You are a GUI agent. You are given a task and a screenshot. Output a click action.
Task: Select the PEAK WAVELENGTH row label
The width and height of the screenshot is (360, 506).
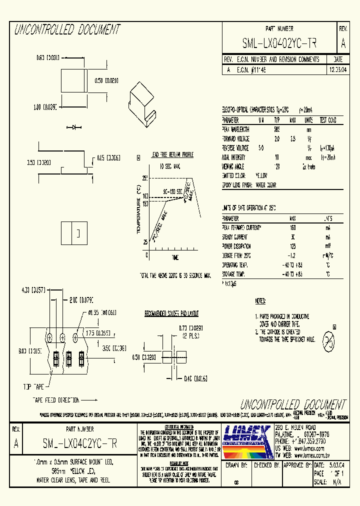pyautogui.click(x=236, y=129)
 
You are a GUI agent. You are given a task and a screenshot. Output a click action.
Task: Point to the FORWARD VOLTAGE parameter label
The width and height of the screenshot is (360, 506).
pyautogui.click(x=236, y=139)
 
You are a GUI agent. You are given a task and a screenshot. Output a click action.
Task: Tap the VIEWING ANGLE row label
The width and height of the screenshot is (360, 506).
pyautogui.click(x=234, y=166)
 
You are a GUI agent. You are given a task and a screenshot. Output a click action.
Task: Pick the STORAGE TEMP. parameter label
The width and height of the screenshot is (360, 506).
pyautogui.click(x=234, y=274)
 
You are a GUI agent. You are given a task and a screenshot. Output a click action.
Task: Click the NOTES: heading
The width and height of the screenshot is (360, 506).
pyautogui.click(x=260, y=301)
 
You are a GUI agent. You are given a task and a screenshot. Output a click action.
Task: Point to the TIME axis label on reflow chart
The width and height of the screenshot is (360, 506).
pyautogui.click(x=175, y=257)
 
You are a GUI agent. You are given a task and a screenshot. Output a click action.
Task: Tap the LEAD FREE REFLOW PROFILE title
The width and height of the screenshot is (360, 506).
pyautogui.click(x=172, y=155)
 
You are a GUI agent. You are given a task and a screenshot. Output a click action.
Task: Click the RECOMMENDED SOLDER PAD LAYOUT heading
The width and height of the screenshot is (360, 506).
pyautogui.click(x=171, y=314)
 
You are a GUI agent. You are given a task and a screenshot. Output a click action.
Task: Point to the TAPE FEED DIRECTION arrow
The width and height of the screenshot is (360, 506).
pyautogui.click(x=88, y=400)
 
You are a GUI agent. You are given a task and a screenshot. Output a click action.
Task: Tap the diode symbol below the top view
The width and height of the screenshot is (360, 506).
pyautogui.click(x=76, y=128)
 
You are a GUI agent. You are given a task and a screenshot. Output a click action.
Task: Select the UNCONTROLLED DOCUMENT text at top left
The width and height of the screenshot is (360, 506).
pyautogui.click(x=67, y=30)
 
